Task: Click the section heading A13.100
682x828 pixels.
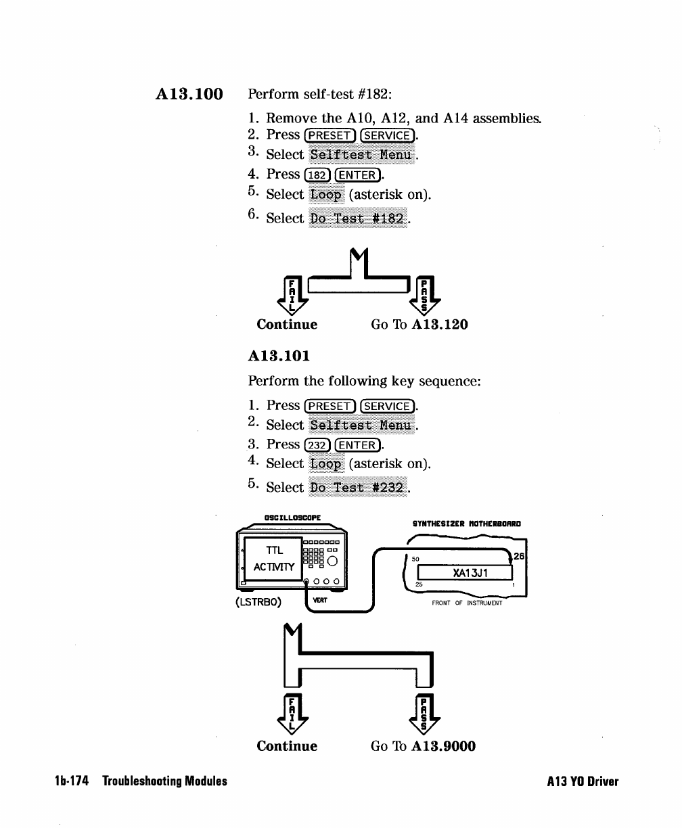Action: (x=189, y=93)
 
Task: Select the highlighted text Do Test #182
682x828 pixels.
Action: (x=358, y=218)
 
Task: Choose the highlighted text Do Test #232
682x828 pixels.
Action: (x=358, y=487)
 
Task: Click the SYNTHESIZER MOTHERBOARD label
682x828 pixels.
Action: (x=467, y=523)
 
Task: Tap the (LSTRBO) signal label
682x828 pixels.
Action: (x=258, y=601)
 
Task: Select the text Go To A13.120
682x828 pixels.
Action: (x=419, y=324)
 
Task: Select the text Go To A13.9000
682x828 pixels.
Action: (x=423, y=746)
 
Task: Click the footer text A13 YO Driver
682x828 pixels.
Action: (x=583, y=781)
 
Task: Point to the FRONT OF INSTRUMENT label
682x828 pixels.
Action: (x=467, y=603)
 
